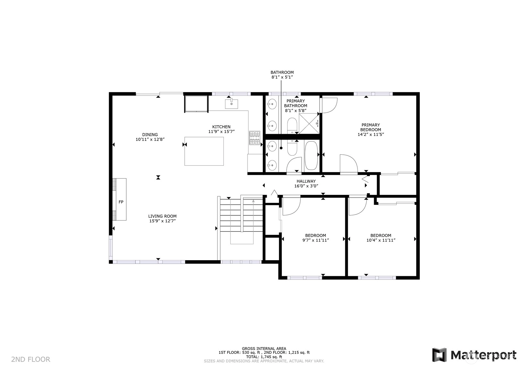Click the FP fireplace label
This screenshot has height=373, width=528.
pyautogui.click(x=121, y=202)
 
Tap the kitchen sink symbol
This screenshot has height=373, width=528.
pyautogui.click(x=231, y=104)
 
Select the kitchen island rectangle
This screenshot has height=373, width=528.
pyautogui.click(x=204, y=151)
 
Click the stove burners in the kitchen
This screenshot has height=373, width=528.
pyautogui.click(x=255, y=138)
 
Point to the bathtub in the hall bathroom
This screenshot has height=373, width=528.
pyautogui.click(x=311, y=155)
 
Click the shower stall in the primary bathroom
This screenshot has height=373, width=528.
pyautogui.click(x=309, y=124)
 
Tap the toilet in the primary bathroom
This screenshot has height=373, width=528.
pyautogui.click(x=292, y=126)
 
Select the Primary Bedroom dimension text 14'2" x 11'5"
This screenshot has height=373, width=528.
pyautogui.click(x=371, y=135)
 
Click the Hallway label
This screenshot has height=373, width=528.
pyautogui.click(x=306, y=181)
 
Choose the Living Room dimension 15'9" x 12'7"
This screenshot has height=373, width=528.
pyautogui.click(x=163, y=221)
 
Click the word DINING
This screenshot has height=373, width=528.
pyautogui.click(x=150, y=135)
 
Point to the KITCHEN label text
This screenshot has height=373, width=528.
pyautogui.click(x=221, y=127)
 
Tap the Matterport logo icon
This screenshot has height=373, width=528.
pyautogui.click(x=440, y=355)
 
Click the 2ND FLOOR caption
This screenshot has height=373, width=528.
pyautogui.click(x=31, y=359)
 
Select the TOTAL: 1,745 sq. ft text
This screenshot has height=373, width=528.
pyautogui.click(x=264, y=357)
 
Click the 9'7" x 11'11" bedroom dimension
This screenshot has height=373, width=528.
pyautogui.click(x=316, y=240)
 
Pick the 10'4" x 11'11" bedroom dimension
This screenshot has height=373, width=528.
pyautogui.click(x=381, y=240)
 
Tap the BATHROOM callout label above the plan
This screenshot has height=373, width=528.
pyautogui.click(x=282, y=72)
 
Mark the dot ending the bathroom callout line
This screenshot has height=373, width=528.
pyautogui.click(x=281, y=148)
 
